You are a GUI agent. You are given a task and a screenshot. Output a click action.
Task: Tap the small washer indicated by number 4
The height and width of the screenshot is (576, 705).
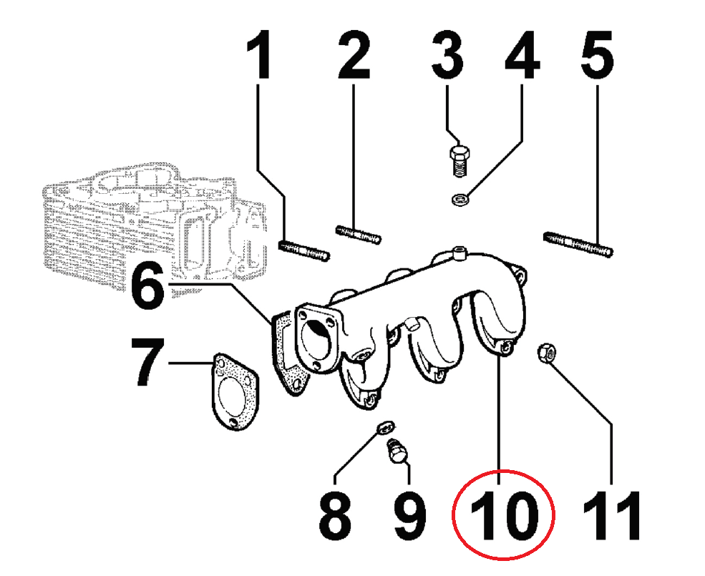click(x=460, y=198)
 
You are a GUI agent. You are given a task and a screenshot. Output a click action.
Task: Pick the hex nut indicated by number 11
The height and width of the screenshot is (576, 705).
click(x=548, y=353)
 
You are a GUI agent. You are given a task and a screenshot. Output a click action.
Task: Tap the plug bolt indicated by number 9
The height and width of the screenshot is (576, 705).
click(x=396, y=452)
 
